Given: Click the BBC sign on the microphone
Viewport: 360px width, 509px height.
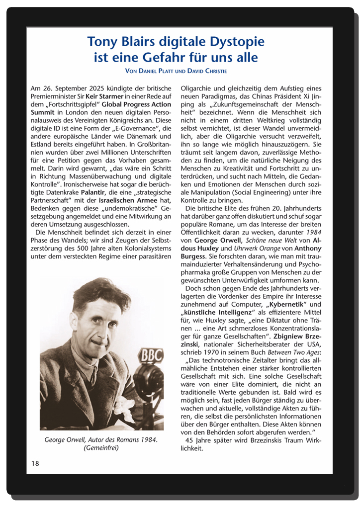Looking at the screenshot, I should (x=150, y=356).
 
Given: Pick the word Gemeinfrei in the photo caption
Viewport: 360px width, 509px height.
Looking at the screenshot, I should (x=101, y=448).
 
